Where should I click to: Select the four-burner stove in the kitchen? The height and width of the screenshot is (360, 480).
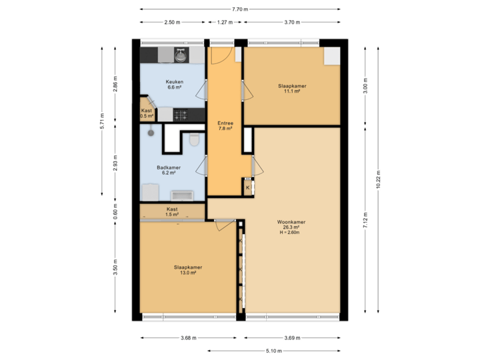181,115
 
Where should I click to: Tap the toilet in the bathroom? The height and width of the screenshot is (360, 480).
194,140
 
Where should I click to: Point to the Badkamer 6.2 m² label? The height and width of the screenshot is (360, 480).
168,170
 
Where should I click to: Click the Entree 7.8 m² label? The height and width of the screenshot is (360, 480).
225,126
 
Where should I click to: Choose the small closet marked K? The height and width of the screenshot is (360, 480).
247,189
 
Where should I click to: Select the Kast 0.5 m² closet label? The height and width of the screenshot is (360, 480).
147,113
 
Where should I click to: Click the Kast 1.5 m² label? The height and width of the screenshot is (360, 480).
172,212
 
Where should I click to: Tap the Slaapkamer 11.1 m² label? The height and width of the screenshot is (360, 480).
292,89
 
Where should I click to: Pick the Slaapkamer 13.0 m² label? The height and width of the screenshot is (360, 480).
187,270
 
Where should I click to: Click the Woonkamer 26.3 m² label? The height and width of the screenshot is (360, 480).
291,227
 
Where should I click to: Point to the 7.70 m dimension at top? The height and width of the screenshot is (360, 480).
240,9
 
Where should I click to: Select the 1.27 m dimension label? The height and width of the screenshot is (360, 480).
225,22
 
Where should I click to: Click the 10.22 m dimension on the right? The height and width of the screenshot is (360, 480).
378,179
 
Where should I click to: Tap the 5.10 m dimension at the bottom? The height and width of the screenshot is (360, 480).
273,350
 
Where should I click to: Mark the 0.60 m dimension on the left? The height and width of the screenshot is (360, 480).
115,212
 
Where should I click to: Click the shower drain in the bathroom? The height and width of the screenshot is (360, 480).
151,133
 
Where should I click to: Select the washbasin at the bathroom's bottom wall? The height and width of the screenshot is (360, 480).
181,195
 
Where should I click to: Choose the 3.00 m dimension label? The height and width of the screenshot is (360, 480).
365,86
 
